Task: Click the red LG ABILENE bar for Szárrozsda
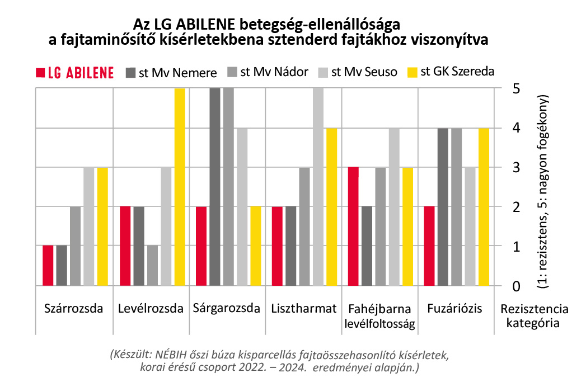click(48, 266)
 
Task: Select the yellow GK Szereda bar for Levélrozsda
click(179, 187)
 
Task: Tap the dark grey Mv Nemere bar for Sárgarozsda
click(214, 187)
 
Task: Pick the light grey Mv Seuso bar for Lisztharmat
click(318, 187)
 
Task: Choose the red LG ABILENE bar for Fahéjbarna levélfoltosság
click(353, 226)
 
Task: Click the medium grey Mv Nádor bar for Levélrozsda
click(152, 266)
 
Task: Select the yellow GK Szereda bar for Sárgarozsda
click(255, 246)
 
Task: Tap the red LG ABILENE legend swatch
click(40, 73)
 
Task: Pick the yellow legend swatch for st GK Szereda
click(412, 72)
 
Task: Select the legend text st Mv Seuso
click(364, 72)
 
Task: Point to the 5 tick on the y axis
click(517, 88)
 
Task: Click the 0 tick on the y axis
click(517, 286)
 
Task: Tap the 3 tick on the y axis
click(517, 168)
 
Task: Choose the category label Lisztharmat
click(303, 308)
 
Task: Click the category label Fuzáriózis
click(454, 308)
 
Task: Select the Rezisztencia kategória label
click(534, 315)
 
